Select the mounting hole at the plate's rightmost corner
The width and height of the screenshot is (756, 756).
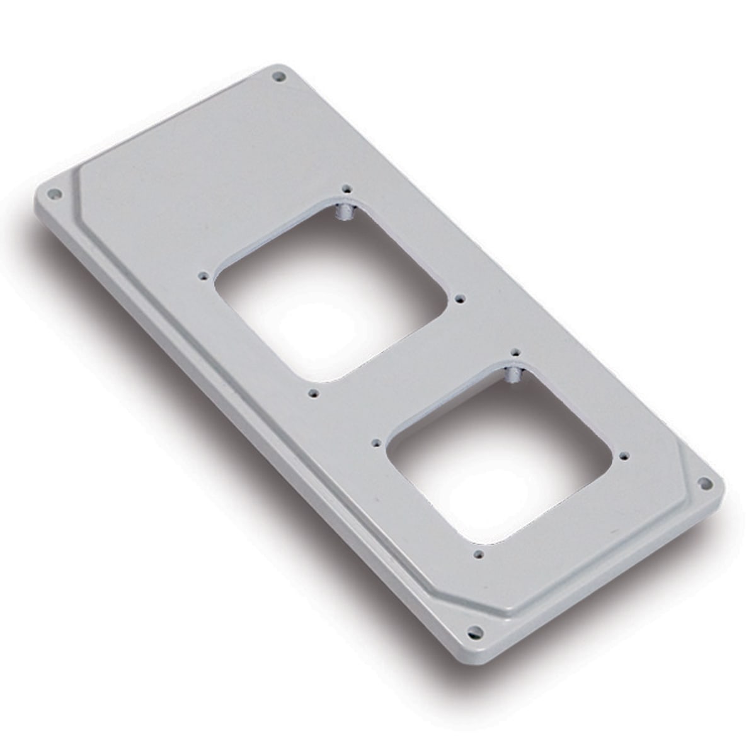coord(705,483)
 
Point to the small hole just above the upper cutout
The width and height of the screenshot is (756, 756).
coord(345,188)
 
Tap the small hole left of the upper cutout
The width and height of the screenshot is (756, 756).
coord(203,275)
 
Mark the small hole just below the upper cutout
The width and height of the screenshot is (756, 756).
coord(313,393)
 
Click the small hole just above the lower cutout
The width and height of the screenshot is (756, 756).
coord(515,352)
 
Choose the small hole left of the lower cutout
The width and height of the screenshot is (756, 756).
coord(376,443)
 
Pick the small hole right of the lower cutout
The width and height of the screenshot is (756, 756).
coord(624,454)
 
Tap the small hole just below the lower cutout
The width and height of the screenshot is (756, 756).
coord(479,555)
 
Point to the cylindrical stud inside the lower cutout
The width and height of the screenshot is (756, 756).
coord(513,376)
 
